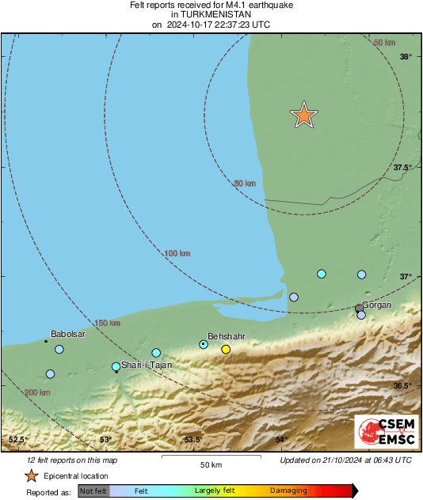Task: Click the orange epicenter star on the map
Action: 303,116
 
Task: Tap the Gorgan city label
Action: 377,305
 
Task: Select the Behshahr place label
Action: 226,336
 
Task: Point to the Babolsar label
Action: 68,335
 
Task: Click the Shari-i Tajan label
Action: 147,366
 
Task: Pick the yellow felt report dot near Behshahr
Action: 226,349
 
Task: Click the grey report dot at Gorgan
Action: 359,308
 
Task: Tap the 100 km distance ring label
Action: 177,253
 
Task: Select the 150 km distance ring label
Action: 108,323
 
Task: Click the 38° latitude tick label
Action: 406,56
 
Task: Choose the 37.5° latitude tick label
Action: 402,167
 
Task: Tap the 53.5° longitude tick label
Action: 193,440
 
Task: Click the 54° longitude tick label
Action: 280,440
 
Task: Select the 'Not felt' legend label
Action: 93,491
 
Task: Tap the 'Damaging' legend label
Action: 288,491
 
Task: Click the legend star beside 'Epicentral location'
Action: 31,476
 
